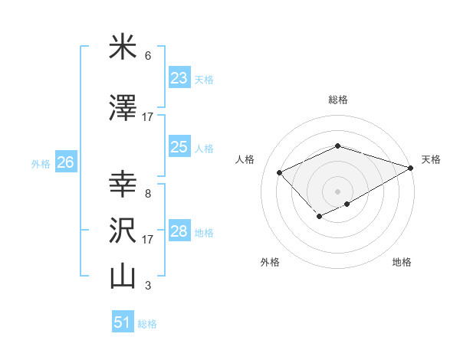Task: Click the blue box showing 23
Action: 179,78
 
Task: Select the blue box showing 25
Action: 179,148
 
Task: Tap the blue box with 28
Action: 179,232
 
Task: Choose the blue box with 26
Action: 65,162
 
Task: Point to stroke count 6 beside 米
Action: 147,56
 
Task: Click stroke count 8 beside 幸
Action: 147,194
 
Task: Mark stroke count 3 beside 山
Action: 147,286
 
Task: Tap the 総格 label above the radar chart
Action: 337,100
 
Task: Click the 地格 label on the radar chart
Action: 402,262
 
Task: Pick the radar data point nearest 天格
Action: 411,168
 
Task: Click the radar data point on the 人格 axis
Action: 280,172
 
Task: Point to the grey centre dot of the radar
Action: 337,191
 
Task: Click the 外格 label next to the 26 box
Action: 41,163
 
